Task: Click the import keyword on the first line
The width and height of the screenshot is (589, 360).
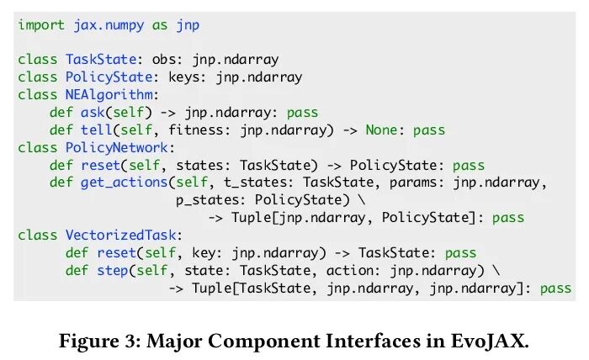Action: click(x=41, y=25)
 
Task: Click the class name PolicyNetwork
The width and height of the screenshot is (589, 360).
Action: click(x=111, y=147)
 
